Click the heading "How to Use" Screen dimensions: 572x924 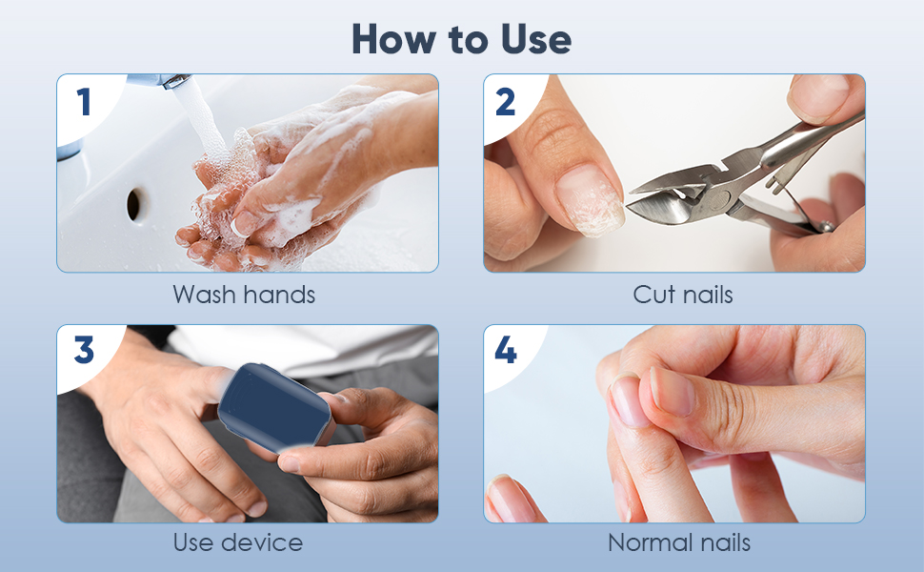(461, 38)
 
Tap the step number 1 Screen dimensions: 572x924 (84, 102)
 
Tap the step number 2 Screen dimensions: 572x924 (506, 102)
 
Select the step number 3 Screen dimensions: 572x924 (84, 351)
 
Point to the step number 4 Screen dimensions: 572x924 (506, 351)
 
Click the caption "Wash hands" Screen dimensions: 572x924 (244, 295)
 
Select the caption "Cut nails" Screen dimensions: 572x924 (683, 295)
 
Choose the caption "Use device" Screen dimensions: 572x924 (238, 543)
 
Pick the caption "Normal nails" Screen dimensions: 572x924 (679, 543)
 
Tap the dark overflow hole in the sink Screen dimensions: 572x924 (135, 203)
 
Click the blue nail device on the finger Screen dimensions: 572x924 (274, 408)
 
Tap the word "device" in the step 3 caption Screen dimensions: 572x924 (262, 543)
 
